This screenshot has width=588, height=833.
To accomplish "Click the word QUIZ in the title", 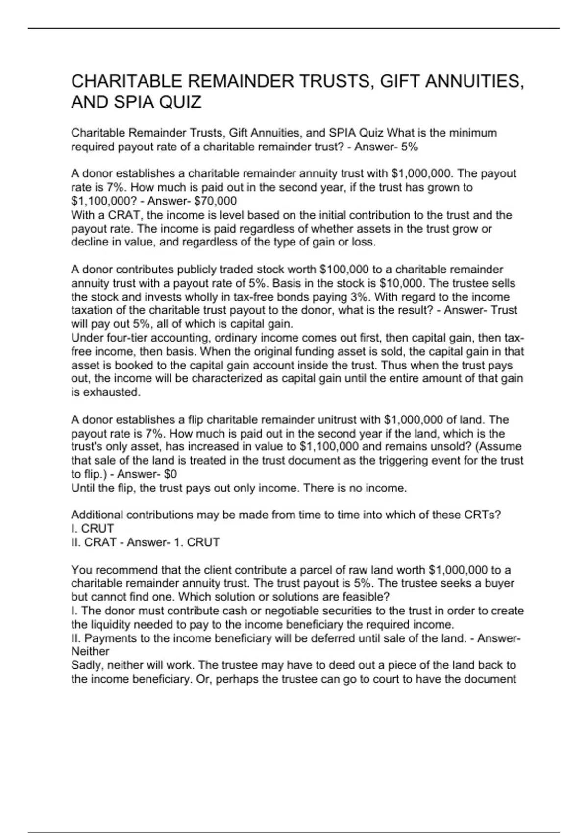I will [177, 102].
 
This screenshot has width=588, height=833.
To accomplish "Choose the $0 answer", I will [170, 474].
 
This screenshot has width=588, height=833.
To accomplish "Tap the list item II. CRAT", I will [94, 542].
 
